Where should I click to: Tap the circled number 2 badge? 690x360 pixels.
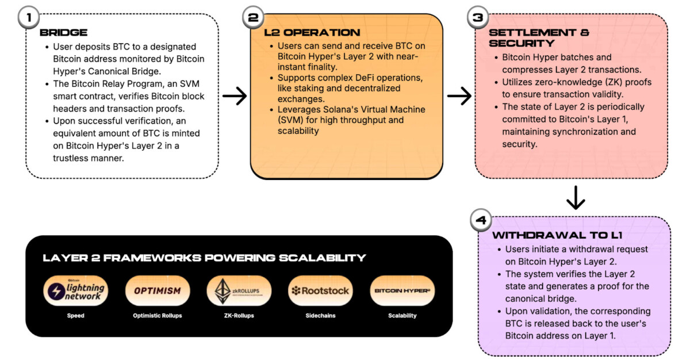click(x=253, y=18)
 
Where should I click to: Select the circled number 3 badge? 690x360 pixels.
click(x=477, y=18)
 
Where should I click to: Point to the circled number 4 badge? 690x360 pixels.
click(x=481, y=220)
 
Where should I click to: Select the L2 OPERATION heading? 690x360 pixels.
click(x=313, y=32)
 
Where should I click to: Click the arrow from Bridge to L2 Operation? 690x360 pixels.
click(x=235, y=96)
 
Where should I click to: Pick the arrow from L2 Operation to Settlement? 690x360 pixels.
click(x=459, y=96)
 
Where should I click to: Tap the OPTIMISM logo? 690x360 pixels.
click(x=157, y=290)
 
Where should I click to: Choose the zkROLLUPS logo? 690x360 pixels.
click(x=239, y=290)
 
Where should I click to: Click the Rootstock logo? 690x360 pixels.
click(x=320, y=290)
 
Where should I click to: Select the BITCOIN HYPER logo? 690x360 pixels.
click(x=402, y=290)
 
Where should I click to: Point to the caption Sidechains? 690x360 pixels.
click(x=320, y=316)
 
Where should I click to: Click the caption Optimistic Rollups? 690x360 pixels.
click(x=157, y=316)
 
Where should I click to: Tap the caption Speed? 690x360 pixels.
click(x=75, y=316)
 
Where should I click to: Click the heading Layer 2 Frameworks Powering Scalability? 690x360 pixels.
click(x=204, y=258)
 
